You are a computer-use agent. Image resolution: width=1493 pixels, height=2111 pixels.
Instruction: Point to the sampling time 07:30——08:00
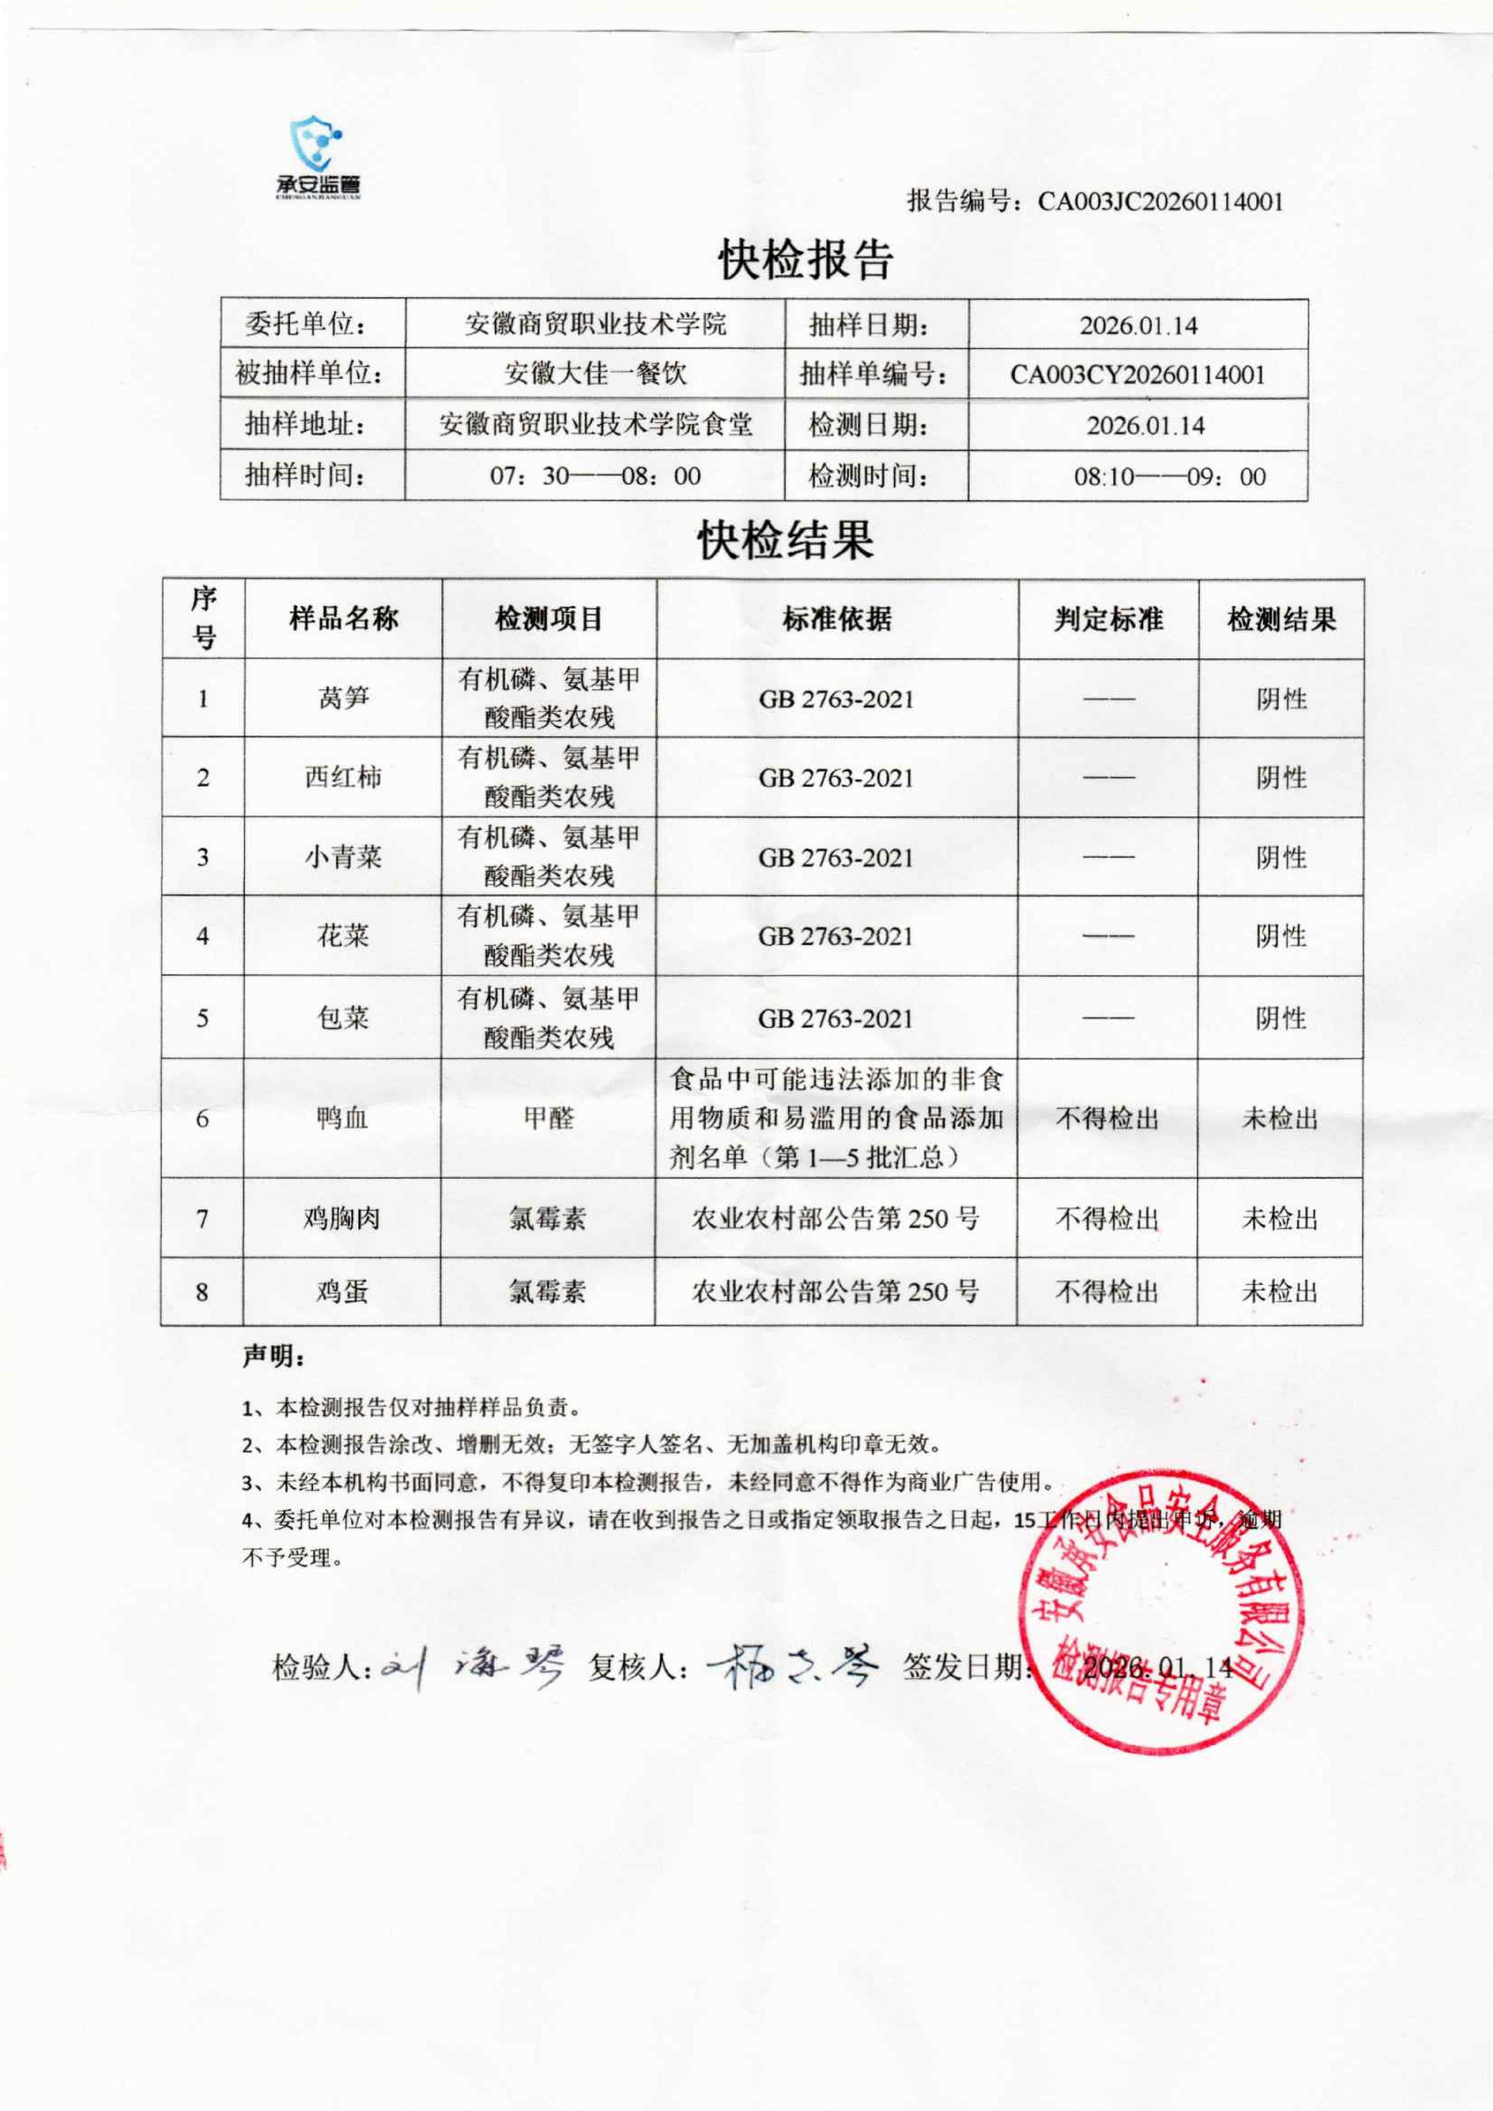[595, 476]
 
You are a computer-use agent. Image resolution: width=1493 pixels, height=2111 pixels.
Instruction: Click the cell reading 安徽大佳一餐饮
[595, 374]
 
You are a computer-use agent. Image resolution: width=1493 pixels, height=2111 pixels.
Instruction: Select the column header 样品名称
[343, 619]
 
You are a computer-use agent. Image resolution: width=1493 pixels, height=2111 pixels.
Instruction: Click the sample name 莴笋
[343, 699]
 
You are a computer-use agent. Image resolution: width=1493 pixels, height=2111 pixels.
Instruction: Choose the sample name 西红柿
[343, 778]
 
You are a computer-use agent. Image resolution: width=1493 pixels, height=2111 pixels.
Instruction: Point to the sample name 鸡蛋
[342, 1292]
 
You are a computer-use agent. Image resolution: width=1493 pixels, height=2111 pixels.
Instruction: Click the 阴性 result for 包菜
[1281, 1018]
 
